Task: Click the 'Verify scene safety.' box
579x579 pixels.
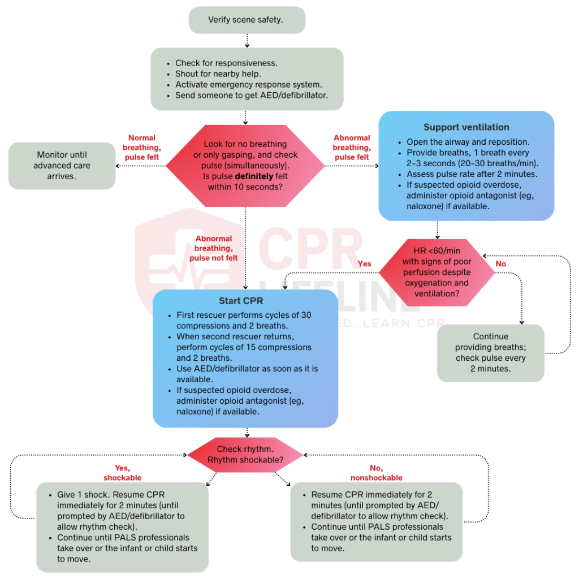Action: [247, 20]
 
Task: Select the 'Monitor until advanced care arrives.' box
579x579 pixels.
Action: [62, 166]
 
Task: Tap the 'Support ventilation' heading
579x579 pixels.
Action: [466, 127]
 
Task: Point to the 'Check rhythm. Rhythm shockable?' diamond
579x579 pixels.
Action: [245, 455]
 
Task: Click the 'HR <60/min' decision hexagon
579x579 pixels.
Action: [437, 273]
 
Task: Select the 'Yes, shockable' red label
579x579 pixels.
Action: [122, 473]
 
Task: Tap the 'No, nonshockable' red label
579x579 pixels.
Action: [376, 473]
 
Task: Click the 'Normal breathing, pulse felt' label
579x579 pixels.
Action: [141, 147]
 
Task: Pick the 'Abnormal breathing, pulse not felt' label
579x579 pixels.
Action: [213, 248]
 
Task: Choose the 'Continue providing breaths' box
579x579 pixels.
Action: [490, 352]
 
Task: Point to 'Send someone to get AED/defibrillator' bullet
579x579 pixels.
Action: [251, 96]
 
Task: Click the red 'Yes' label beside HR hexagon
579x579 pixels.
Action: [364, 264]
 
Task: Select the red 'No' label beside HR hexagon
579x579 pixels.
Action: [500, 264]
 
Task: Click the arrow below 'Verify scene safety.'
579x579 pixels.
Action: [247, 41]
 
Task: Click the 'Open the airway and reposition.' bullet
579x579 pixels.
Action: [468, 142]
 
